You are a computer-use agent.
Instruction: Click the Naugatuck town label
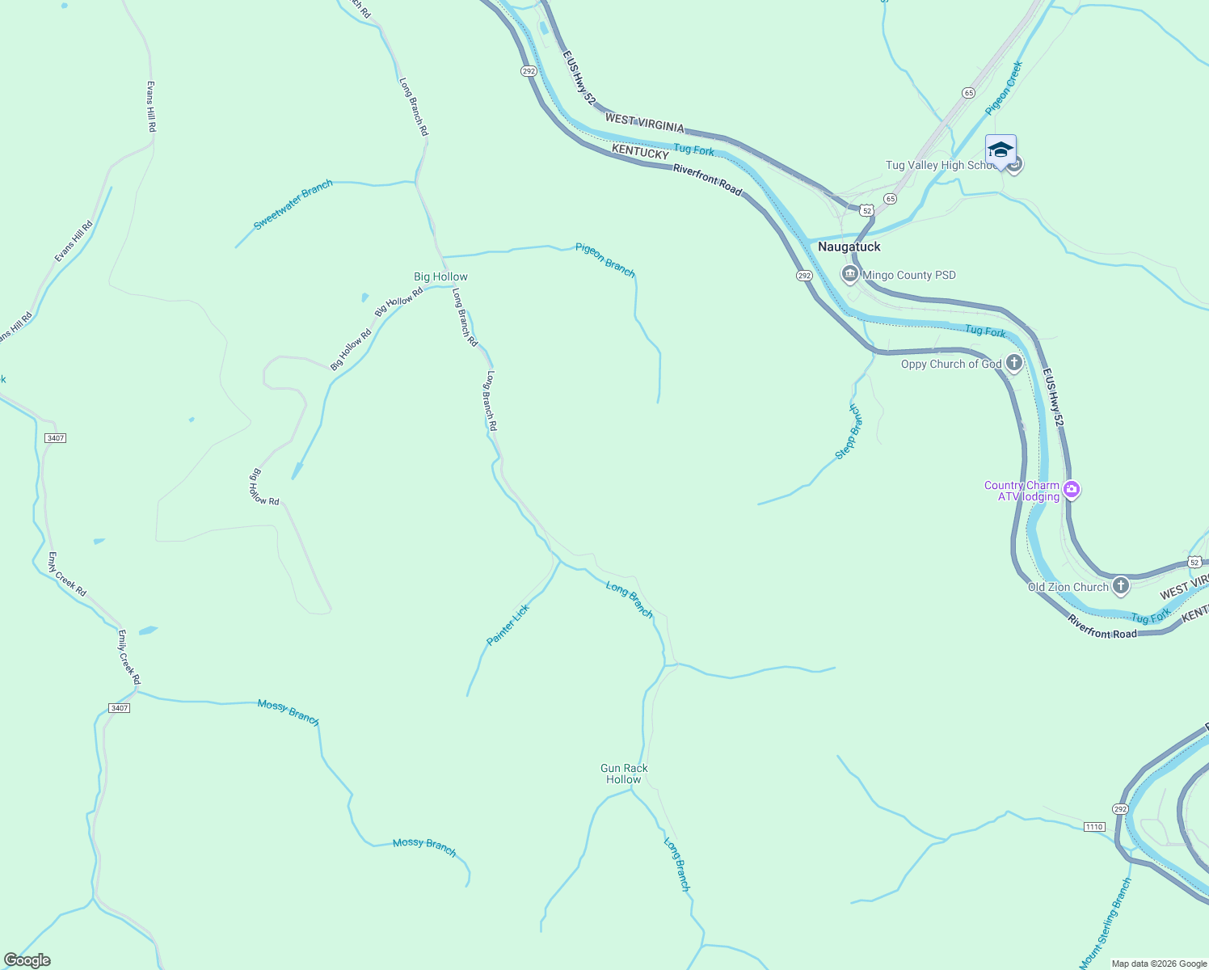coord(849,247)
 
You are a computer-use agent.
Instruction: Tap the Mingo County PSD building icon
coord(849,275)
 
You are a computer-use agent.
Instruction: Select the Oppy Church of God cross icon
coord(1014,363)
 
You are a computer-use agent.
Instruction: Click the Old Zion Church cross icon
coord(1120,586)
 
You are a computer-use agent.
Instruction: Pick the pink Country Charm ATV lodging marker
coord(1072,489)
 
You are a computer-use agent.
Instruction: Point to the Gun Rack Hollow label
coord(624,774)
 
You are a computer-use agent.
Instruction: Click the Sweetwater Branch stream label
coord(293,205)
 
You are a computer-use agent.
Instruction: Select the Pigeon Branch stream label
coord(605,259)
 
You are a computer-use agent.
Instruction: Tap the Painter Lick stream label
coord(508,625)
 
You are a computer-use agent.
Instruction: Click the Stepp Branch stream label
coord(849,432)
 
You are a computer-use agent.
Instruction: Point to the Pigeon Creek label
coord(1004,87)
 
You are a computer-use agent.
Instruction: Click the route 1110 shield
coord(1093,826)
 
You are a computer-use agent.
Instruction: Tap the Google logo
coord(27,960)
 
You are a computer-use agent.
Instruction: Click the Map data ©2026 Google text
coord(1158,964)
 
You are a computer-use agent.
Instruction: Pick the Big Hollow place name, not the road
coord(440,276)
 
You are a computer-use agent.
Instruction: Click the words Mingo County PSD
coord(909,275)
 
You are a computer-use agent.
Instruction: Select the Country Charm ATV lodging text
coord(1022,491)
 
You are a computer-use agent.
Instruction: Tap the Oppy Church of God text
coord(951,364)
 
